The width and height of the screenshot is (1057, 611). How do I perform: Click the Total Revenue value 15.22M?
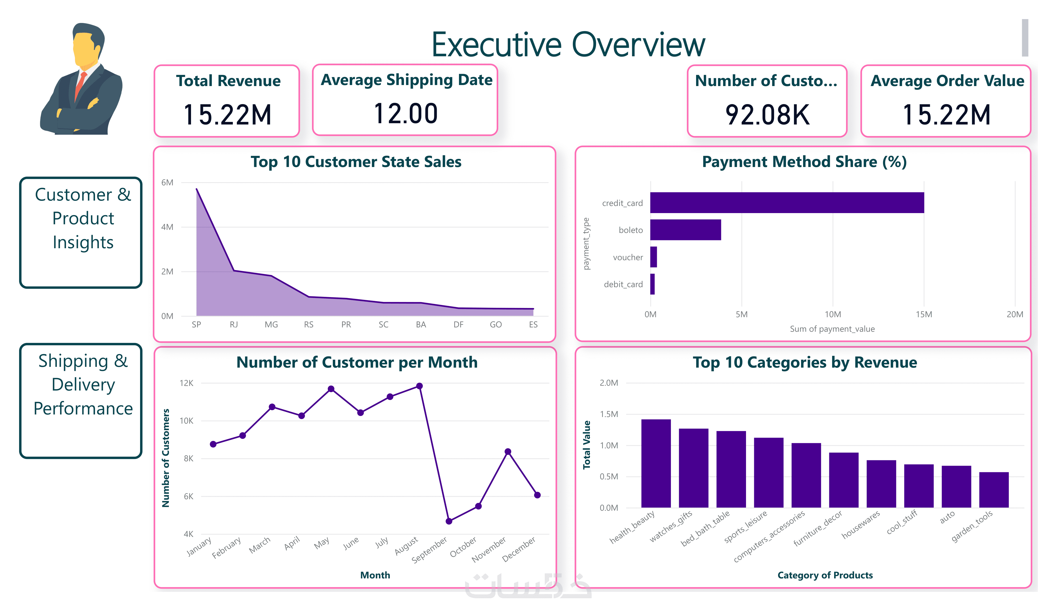pos(227,115)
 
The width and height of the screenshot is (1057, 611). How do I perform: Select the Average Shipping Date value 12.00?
pos(405,114)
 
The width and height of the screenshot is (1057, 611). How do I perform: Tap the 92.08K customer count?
pos(767,115)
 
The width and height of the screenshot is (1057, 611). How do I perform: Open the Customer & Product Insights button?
pos(81,232)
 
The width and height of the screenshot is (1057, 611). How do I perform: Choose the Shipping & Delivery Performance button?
pos(81,400)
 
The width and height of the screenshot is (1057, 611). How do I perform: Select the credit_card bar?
pos(787,203)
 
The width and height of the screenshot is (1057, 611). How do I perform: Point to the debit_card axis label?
pos(623,284)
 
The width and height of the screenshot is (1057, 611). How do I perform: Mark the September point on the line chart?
pos(449,521)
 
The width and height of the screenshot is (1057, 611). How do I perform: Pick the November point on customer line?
pos(508,452)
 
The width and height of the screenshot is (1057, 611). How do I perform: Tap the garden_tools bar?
pos(993,490)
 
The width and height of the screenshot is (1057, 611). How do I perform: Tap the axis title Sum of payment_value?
pos(832,329)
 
